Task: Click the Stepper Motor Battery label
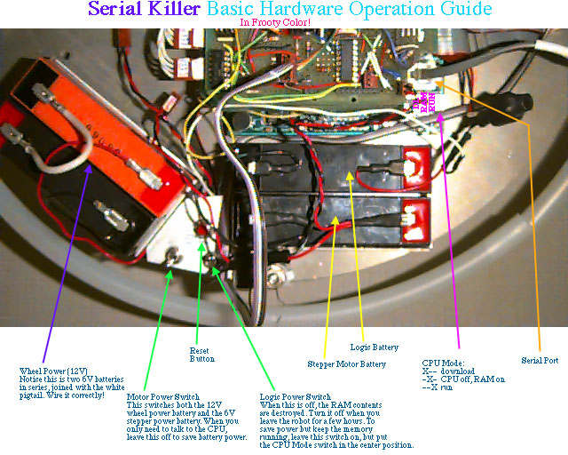(347, 364)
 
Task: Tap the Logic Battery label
(375, 347)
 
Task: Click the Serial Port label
(540, 360)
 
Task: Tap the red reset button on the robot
(201, 229)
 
